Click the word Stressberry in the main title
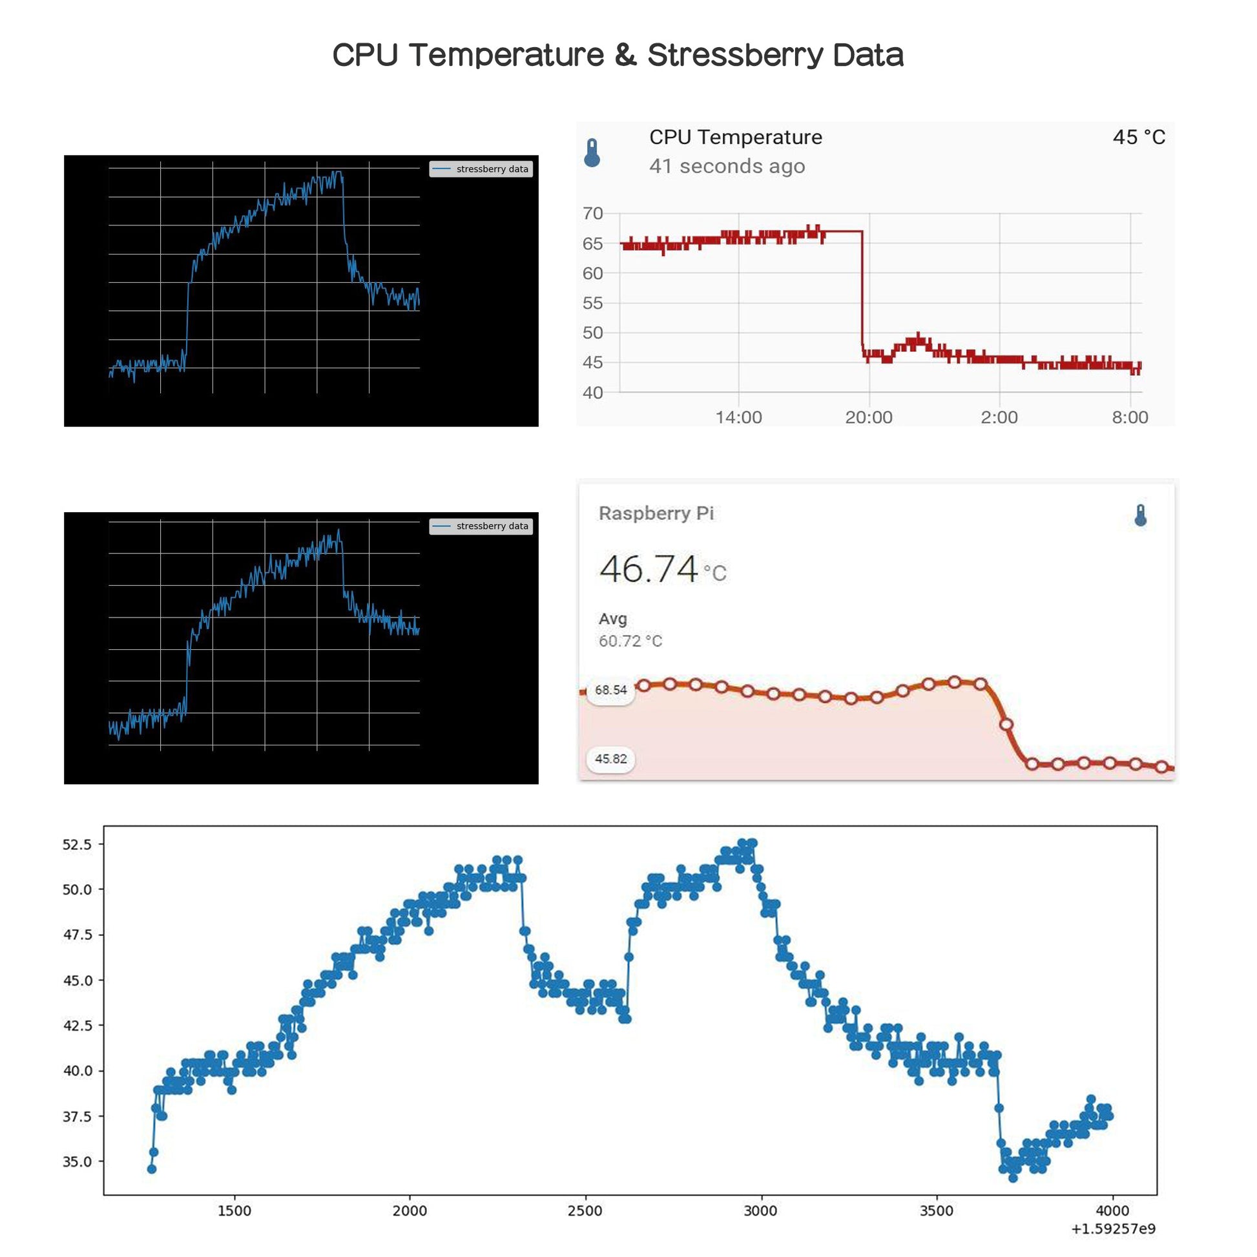(736, 56)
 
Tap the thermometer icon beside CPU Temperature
(592, 153)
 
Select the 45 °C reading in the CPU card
(1138, 138)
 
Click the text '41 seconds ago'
(727, 167)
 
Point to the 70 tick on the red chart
(592, 213)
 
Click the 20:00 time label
(868, 417)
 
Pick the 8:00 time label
(1130, 417)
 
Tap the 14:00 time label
(738, 417)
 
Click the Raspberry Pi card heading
(656, 514)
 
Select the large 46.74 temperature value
(649, 569)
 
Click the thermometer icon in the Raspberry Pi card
(1140, 515)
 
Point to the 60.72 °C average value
(630, 641)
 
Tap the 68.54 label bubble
(610, 690)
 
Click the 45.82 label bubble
(610, 758)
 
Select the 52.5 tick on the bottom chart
(78, 844)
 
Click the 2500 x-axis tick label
(585, 1210)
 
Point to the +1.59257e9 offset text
(1112, 1229)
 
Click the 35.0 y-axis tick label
(78, 1161)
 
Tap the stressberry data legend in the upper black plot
(481, 169)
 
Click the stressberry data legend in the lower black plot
(481, 526)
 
